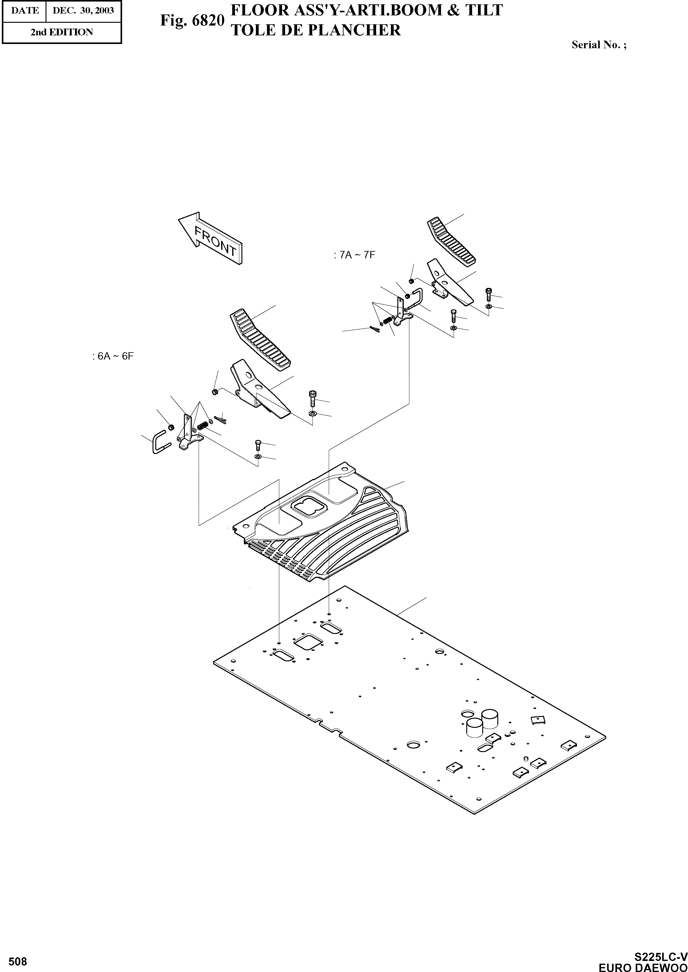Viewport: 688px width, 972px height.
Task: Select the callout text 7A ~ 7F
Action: (354, 255)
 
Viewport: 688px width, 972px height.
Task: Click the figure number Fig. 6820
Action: (192, 20)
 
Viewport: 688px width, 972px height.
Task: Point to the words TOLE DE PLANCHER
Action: (315, 30)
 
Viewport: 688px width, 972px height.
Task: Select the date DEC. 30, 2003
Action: (83, 10)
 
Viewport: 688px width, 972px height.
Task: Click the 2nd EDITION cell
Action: (62, 32)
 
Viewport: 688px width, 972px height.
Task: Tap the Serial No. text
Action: (599, 45)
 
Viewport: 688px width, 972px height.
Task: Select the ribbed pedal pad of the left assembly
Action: (260, 339)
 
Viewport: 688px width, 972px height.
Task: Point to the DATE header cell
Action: (25, 10)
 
